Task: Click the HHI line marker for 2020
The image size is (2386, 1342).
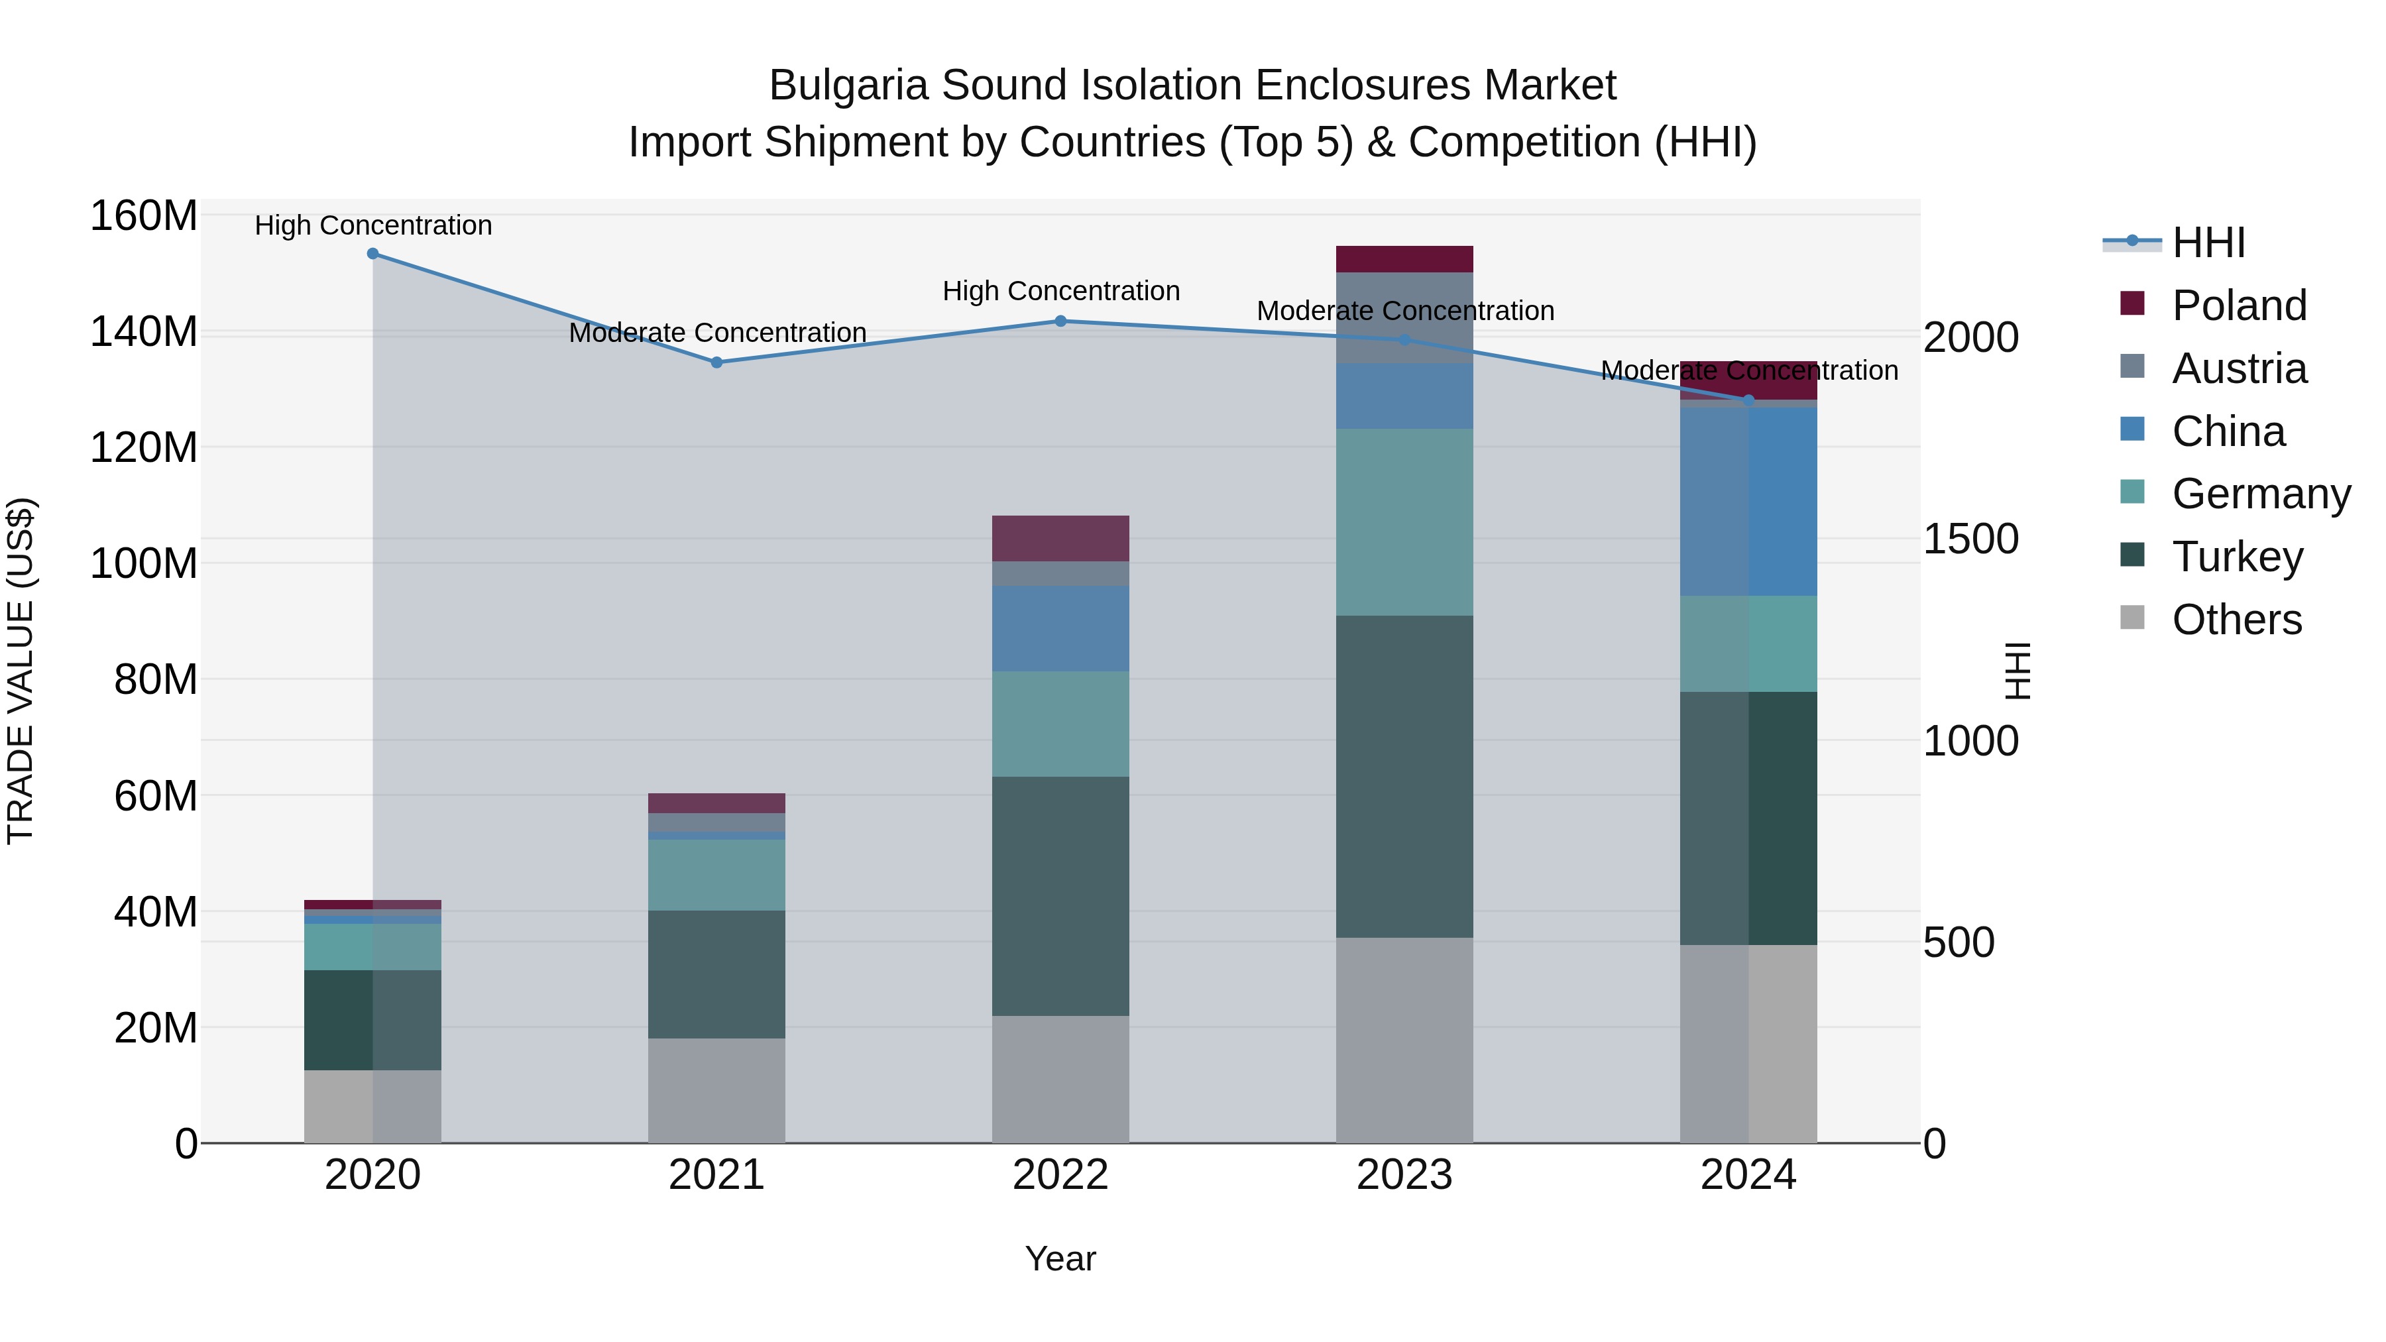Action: pos(372,254)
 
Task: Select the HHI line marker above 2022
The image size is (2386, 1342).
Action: pos(1060,321)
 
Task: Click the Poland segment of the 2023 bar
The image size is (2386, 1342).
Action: pos(1404,259)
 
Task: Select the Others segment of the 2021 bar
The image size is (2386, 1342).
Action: pos(717,1090)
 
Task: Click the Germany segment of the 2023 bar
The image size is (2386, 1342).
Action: pos(1404,522)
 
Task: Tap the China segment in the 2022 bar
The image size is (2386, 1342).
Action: pos(1060,628)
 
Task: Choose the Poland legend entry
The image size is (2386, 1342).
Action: pos(2239,306)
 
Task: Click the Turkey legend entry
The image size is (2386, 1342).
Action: pos(2237,557)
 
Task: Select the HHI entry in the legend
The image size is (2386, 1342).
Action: pos(2208,243)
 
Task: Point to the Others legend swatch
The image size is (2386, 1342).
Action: pos(2132,618)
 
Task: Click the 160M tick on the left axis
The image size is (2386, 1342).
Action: pos(144,216)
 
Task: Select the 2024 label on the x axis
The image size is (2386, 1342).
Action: pos(1748,1175)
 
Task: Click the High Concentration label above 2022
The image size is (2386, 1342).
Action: pos(1060,291)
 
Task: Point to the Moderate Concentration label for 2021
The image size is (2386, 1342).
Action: pos(717,333)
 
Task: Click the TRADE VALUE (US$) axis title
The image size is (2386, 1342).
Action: pos(21,671)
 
